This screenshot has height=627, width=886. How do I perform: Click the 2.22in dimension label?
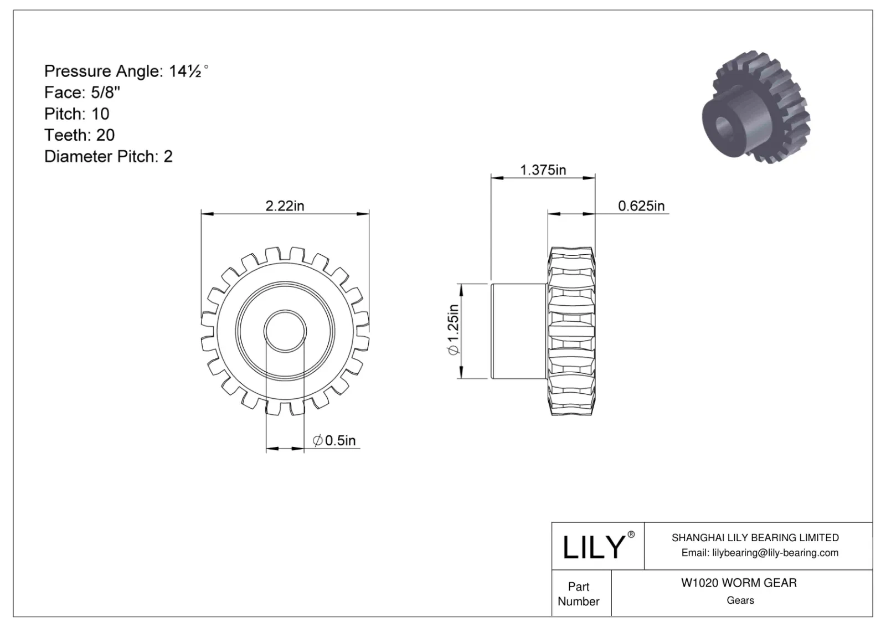tap(285, 206)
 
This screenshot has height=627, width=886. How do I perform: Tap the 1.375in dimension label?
tap(543, 170)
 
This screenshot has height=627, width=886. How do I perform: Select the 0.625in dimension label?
tap(641, 206)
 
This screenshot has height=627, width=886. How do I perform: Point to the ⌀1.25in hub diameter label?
tap(452, 331)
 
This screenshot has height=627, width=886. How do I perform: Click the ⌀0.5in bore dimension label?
tap(334, 440)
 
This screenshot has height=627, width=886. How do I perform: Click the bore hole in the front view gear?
tap(285, 331)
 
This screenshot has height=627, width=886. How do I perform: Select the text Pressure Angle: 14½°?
tap(126, 71)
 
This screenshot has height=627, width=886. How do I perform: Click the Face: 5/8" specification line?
tap(83, 92)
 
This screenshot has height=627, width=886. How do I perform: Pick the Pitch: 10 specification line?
tap(77, 114)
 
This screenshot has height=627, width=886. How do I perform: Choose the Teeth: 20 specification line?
tap(80, 135)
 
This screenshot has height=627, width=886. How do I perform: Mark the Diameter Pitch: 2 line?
tap(109, 156)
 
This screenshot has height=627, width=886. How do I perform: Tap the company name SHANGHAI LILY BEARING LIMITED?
tap(755, 537)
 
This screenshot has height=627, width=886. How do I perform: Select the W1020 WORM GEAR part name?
tap(739, 583)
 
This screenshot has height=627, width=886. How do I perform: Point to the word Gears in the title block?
tap(740, 600)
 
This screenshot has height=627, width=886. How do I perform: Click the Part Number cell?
tap(579, 594)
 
